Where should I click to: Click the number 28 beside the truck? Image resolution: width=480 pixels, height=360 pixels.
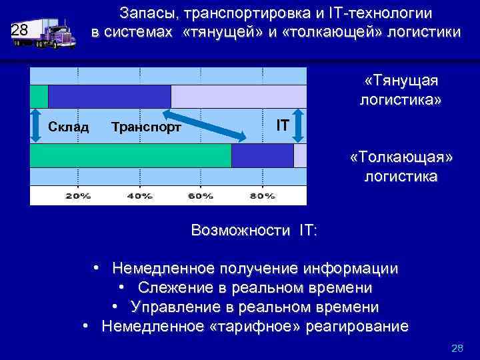click(20, 29)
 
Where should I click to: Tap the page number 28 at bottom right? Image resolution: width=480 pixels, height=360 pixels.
click(457, 348)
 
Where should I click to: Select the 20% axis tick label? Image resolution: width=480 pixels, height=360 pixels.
click(78, 196)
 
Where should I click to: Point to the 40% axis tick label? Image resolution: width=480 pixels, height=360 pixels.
click(139, 196)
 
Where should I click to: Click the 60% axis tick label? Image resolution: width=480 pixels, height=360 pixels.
click(201, 196)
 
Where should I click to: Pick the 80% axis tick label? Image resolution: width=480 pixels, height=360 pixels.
click(262, 196)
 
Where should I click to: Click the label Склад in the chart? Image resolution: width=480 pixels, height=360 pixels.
click(69, 126)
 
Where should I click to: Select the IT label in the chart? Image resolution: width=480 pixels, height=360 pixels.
click(283, 125)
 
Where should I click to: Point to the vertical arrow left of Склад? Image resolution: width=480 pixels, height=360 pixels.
click(38, 125)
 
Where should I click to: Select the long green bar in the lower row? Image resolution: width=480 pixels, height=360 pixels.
click(131, 155)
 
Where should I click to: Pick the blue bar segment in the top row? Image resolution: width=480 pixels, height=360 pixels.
click(110, 96)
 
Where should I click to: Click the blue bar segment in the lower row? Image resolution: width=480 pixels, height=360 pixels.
click(262, 155)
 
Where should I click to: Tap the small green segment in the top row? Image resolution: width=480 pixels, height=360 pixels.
click(39, 96)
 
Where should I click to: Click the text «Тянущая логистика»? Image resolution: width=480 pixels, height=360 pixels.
click(400, 91)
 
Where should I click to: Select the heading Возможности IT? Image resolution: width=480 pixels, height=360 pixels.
click(254, 231)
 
